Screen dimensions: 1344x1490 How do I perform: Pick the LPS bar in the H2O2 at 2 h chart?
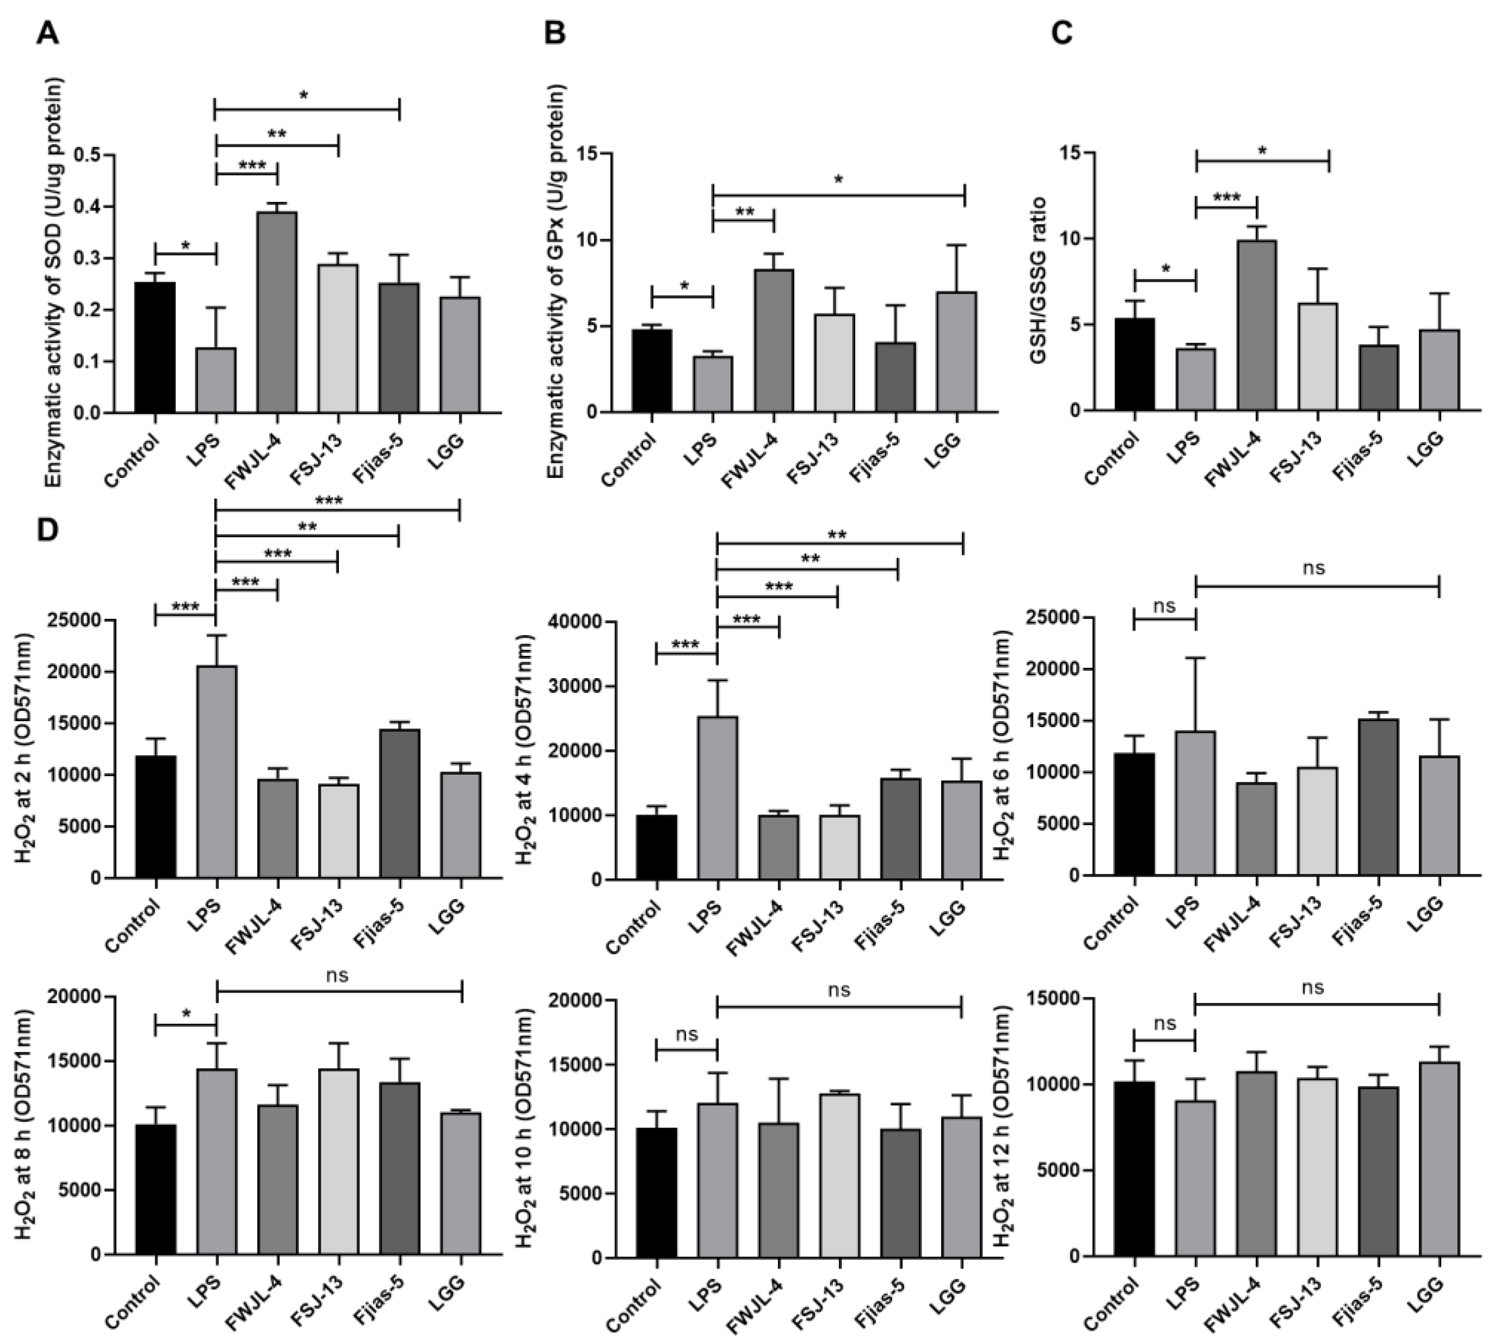click(216, 772)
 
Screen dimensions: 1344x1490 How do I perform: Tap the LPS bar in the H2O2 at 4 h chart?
click(717, 797)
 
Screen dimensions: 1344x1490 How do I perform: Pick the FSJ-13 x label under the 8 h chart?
click(316, 1303)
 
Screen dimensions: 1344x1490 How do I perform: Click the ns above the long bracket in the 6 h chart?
click(1314, 568)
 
